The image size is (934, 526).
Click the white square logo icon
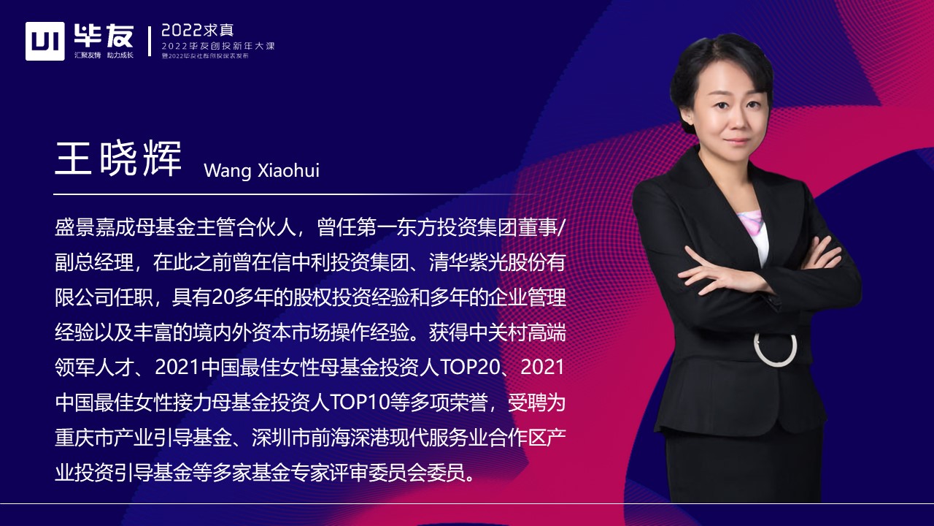click(45, 41)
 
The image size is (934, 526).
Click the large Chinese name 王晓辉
click(118, 156)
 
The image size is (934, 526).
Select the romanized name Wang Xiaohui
click(261, 170)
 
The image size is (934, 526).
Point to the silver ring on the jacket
click(775, 349)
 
